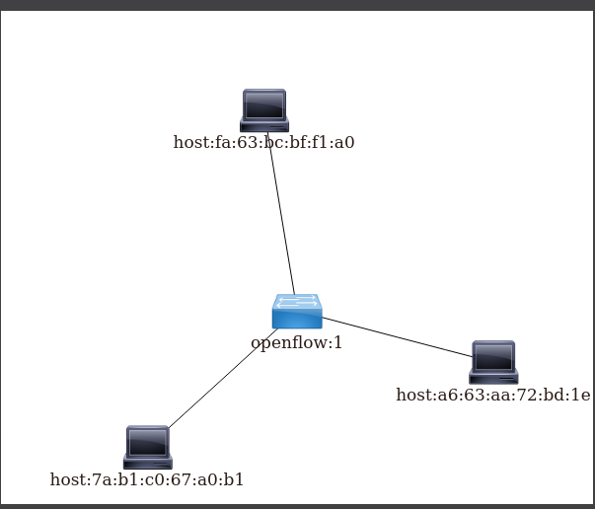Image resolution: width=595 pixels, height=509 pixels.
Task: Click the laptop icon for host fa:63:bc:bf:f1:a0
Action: pyautogui.click(x=264, y=109)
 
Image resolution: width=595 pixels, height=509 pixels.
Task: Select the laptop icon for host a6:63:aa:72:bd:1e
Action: pyautogui.click(x=493, y=362)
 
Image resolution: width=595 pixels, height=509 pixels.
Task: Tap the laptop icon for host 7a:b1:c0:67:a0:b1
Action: pyautogui.click(x=148, y=447)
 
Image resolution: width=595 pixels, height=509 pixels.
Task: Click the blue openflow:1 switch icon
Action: pyautogui.click(x=297, y=311)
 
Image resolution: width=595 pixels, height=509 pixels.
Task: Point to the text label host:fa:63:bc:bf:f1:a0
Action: pyautogui.click(x=263, y=142)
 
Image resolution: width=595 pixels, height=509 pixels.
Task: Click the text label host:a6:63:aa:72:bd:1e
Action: pyautogui.click(x=492, y=395)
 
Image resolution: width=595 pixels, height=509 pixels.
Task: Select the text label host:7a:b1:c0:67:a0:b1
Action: pyautogui.click(x=147, y=479)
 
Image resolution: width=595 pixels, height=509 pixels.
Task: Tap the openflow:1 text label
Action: pyautogui.click(x=296, y=343)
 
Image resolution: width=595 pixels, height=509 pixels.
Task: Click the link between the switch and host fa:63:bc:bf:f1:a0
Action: pyautogui.click(x=281, y=217)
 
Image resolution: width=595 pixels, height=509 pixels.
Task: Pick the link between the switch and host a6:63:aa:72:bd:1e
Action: pyautogui.click(x=395, y=336)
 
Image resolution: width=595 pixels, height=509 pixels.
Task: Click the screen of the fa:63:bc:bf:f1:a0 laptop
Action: pyautogui.click(x=264, y=104)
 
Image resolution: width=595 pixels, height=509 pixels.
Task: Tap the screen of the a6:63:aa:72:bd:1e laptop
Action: pyautogui.click(x=493, y=355)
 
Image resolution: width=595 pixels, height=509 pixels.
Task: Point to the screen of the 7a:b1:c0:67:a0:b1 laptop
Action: pyautogui.click(x=148, y=440)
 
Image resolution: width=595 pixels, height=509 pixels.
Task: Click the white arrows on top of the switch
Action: pyautogui.click(x=297, y=301)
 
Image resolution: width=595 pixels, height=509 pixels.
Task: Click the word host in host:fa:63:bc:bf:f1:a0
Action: pyautogui.click(x=189, y=142)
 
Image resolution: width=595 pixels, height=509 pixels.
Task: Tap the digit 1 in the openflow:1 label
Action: pyautogui.click(x=337, y=343)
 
